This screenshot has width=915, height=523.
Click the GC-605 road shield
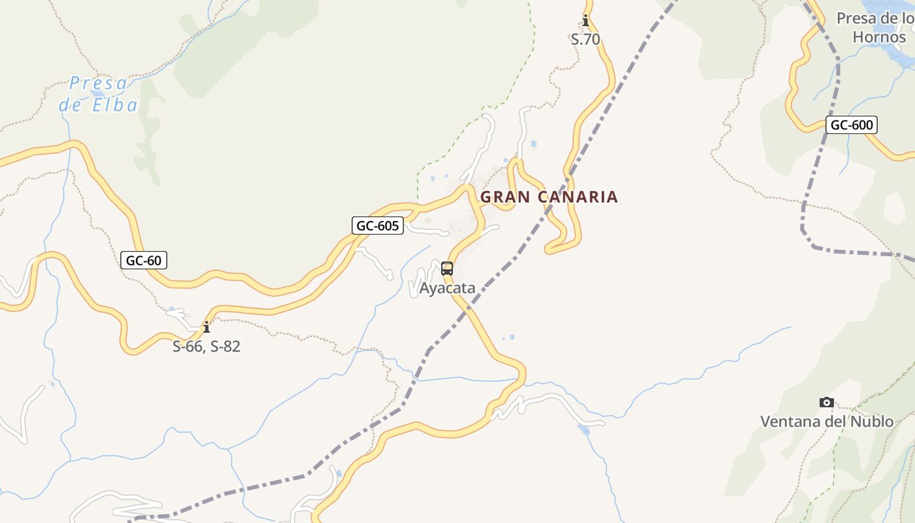point(378,226)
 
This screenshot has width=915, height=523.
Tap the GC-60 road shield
point(144,260)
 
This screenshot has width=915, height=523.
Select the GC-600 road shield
point(851,125)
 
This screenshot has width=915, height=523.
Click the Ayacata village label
point(447,288)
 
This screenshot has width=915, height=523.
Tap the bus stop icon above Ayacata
point(447,268)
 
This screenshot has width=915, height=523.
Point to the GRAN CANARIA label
point(549,197)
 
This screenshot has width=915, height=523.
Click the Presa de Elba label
point(99,94)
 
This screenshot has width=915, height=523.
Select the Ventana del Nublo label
point(826,421)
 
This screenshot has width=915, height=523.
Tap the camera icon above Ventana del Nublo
point(827,403)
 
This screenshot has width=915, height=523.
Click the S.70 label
point(585,39)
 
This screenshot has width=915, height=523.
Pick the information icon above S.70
point(586,20)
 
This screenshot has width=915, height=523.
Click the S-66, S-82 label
point(207,346)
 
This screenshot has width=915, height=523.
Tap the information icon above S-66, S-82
point(207,327)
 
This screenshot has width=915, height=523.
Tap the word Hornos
point(879,37)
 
